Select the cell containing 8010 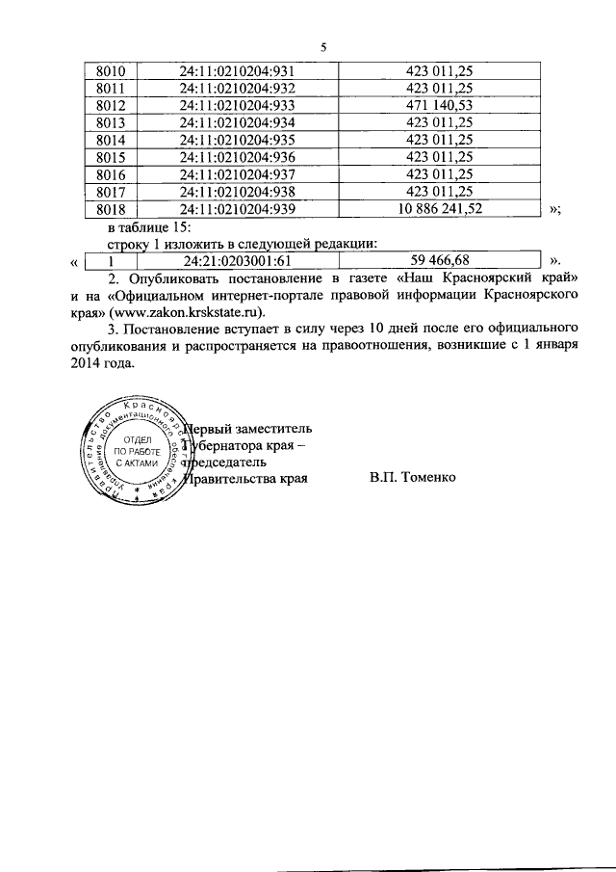click(112, 70)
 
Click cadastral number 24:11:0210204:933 click(236, 104)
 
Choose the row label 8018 click(112, 208)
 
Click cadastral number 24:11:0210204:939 click(236, 208)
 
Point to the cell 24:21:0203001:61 click(236, 260)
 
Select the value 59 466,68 click(440, 260)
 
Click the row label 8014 click(112, 139)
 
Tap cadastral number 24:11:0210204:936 click(236, 156)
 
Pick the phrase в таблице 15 click(149, 226)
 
